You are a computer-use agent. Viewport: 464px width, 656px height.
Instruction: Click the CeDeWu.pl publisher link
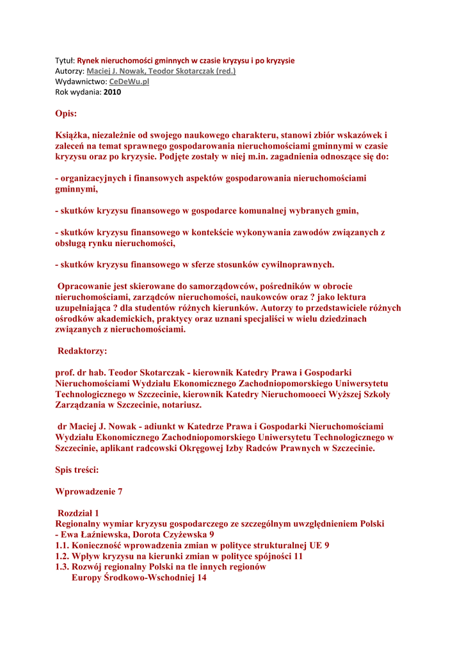click(x=129, y=82)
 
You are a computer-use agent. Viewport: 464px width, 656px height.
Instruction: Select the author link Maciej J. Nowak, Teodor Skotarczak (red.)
click(x=161, y=71)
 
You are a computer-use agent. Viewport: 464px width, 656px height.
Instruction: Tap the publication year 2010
click(x=112, y=92)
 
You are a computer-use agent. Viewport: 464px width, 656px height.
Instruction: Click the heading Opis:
click(x=66, y=114)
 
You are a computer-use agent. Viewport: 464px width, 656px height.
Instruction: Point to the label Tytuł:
click(x=65, y=61)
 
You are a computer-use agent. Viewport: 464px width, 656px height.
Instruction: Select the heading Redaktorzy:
click(x=83, y=351)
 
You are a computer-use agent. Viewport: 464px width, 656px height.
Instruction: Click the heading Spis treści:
click(x=77, y=470)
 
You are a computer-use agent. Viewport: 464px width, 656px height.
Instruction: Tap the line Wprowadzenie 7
click(x=88, y=491)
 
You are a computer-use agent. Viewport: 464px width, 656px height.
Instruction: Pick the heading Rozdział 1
click(x=79, y=513)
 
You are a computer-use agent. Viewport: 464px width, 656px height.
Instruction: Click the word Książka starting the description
click(x=74, y=135)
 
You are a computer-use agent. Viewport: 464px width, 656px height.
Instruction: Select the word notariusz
click(x=180, y=406)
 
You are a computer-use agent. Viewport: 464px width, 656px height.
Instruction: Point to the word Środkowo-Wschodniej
click(x=147, y=577)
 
